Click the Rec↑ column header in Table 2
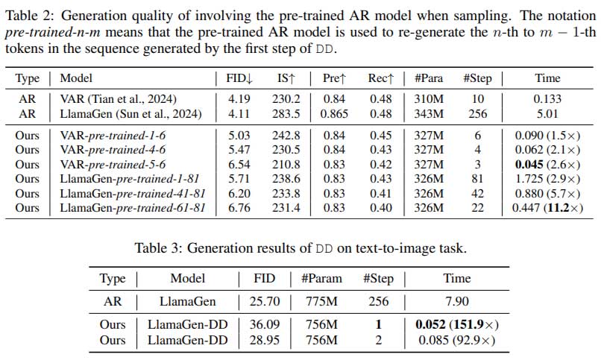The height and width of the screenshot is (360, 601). [x=380, y=78]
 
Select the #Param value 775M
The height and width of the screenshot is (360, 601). [x=321, y=302]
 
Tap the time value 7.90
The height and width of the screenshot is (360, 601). [x=456, y=302]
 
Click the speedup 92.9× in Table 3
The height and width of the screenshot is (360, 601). [x=477, y=340]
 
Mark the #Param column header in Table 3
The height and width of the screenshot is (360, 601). [x=321, y=279]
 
